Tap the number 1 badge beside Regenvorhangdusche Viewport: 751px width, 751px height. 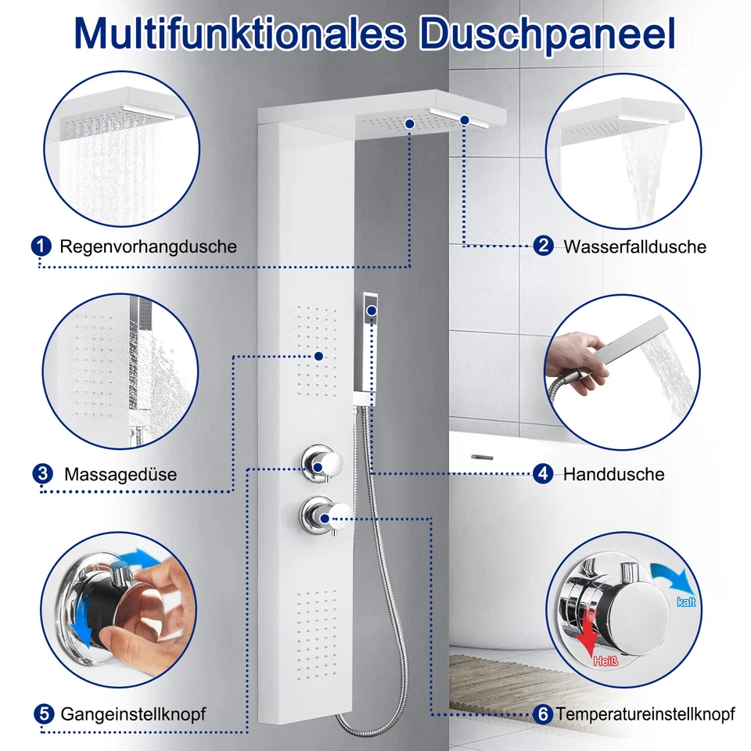(x=41, y=246)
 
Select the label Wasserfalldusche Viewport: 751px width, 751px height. (x=634, y=246)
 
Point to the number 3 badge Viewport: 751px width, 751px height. (x=43, y=473)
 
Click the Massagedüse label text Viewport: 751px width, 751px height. (x=120, y=474)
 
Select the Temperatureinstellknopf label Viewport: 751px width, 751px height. (x=645, y=713)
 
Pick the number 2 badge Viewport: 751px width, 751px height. (x=543, y=246)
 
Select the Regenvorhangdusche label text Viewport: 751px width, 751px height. (x=148, y=246)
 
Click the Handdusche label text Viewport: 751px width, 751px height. (x=613, y=474)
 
